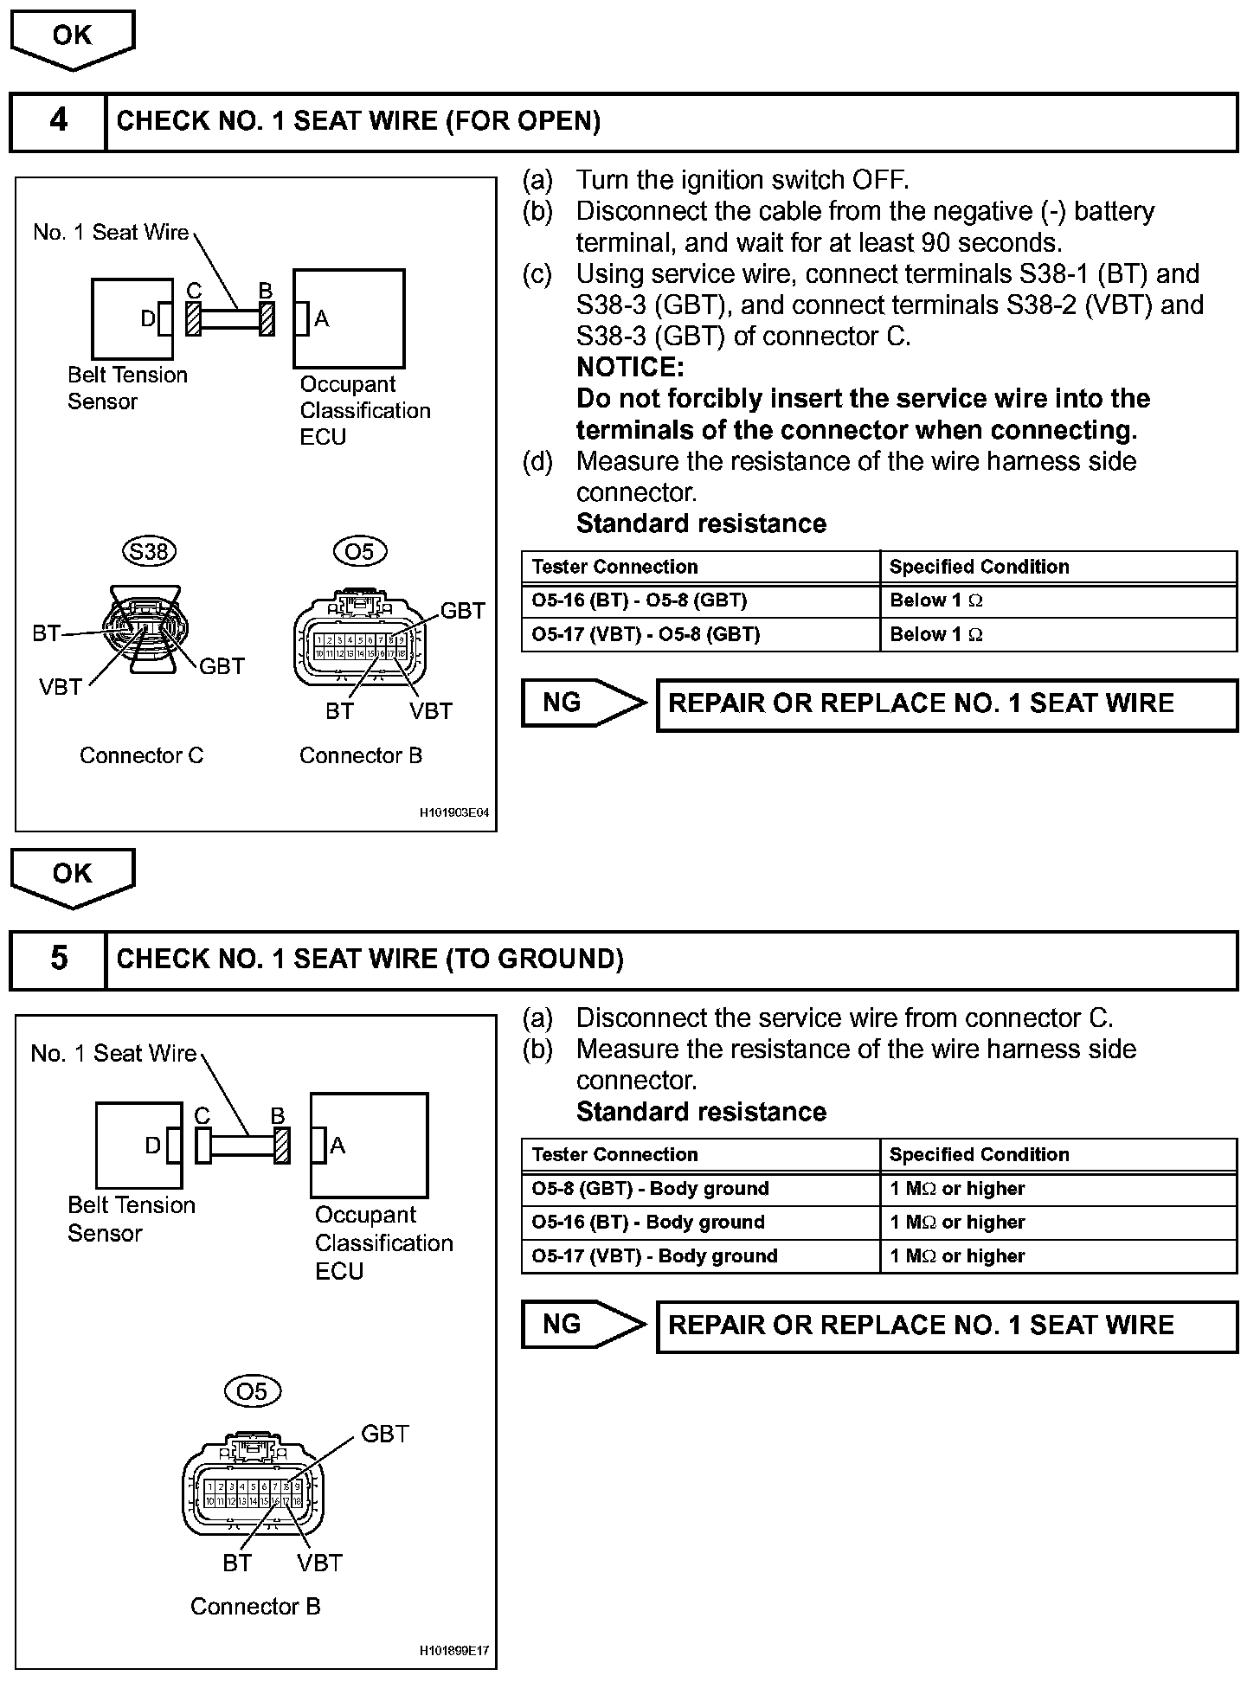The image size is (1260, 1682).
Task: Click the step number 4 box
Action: pyautogui.click(x=58, y=121)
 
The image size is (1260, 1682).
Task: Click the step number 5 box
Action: pyautogui.click(x=58, y=959)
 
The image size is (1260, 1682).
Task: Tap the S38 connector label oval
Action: pyautogui.click(x=149, y=551)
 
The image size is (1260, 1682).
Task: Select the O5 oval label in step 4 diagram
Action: pyautogui.click(x=359, y=551)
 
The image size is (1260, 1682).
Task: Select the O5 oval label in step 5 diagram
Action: pyautogui.click(x=252, y=1391)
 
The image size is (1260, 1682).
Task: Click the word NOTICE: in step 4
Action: pyautogui.click(x=630, y=368)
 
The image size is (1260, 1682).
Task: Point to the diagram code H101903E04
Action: pyautogui.click(x=454, y=813)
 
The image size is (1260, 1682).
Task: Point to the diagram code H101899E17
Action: pyautogui.click(x=454, y=1651)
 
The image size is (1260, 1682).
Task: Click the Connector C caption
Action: pyautogui.click(x=141, y=755)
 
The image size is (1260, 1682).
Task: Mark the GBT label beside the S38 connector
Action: pyautogui.click(x=222, y=666)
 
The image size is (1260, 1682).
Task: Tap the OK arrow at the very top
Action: pyautogui.click(x=72, y=38)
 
